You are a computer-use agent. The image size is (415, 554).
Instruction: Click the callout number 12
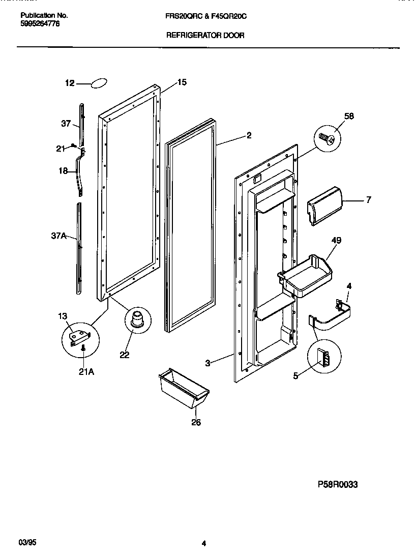click(x=70, y=83)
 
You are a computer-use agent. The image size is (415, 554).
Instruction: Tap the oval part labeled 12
click(x=99, y=83)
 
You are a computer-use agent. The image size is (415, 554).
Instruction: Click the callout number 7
click(x=368, y=200)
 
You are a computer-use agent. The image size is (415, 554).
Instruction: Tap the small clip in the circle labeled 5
click(x=323, y=358)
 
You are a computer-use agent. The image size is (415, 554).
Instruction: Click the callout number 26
click(x=196, y=423)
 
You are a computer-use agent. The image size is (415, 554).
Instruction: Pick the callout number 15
click(x=182, y=82)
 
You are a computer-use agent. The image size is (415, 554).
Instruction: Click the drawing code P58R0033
click(x=338, y=485)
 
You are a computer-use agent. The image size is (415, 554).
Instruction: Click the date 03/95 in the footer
click(x=25, y=543)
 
